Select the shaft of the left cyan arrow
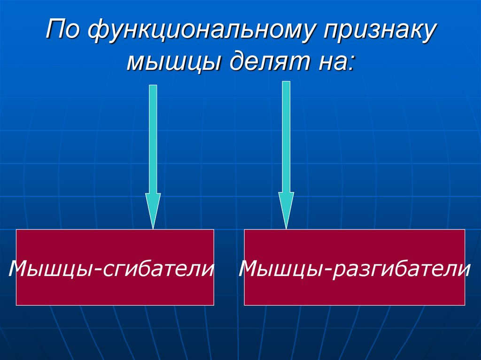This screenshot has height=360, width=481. click(x=153, y=141)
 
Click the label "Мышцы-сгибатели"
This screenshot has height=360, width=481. click(x=111, y=269)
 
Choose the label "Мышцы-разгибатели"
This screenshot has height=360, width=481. click(x=355, y=269)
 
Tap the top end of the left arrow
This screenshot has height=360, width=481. click(x=153, y=87)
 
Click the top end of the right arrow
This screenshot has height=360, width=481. click(x=286, y=83)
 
